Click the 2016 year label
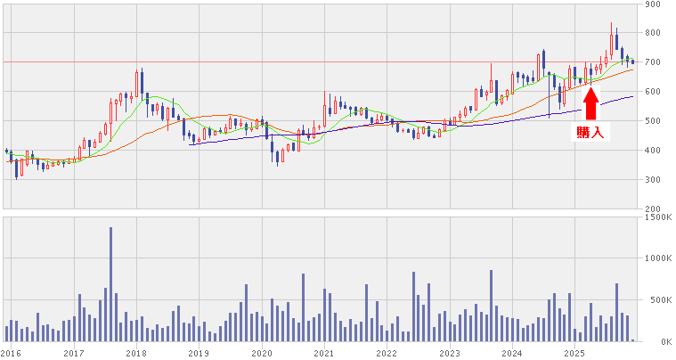[x=12, y=354]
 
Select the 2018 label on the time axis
[x=136, y=354]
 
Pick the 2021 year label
[x=323, y=354]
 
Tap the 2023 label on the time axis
[x=449, y=354]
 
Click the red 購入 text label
[x=590, y=133]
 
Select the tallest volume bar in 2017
[x=110, y=284]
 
